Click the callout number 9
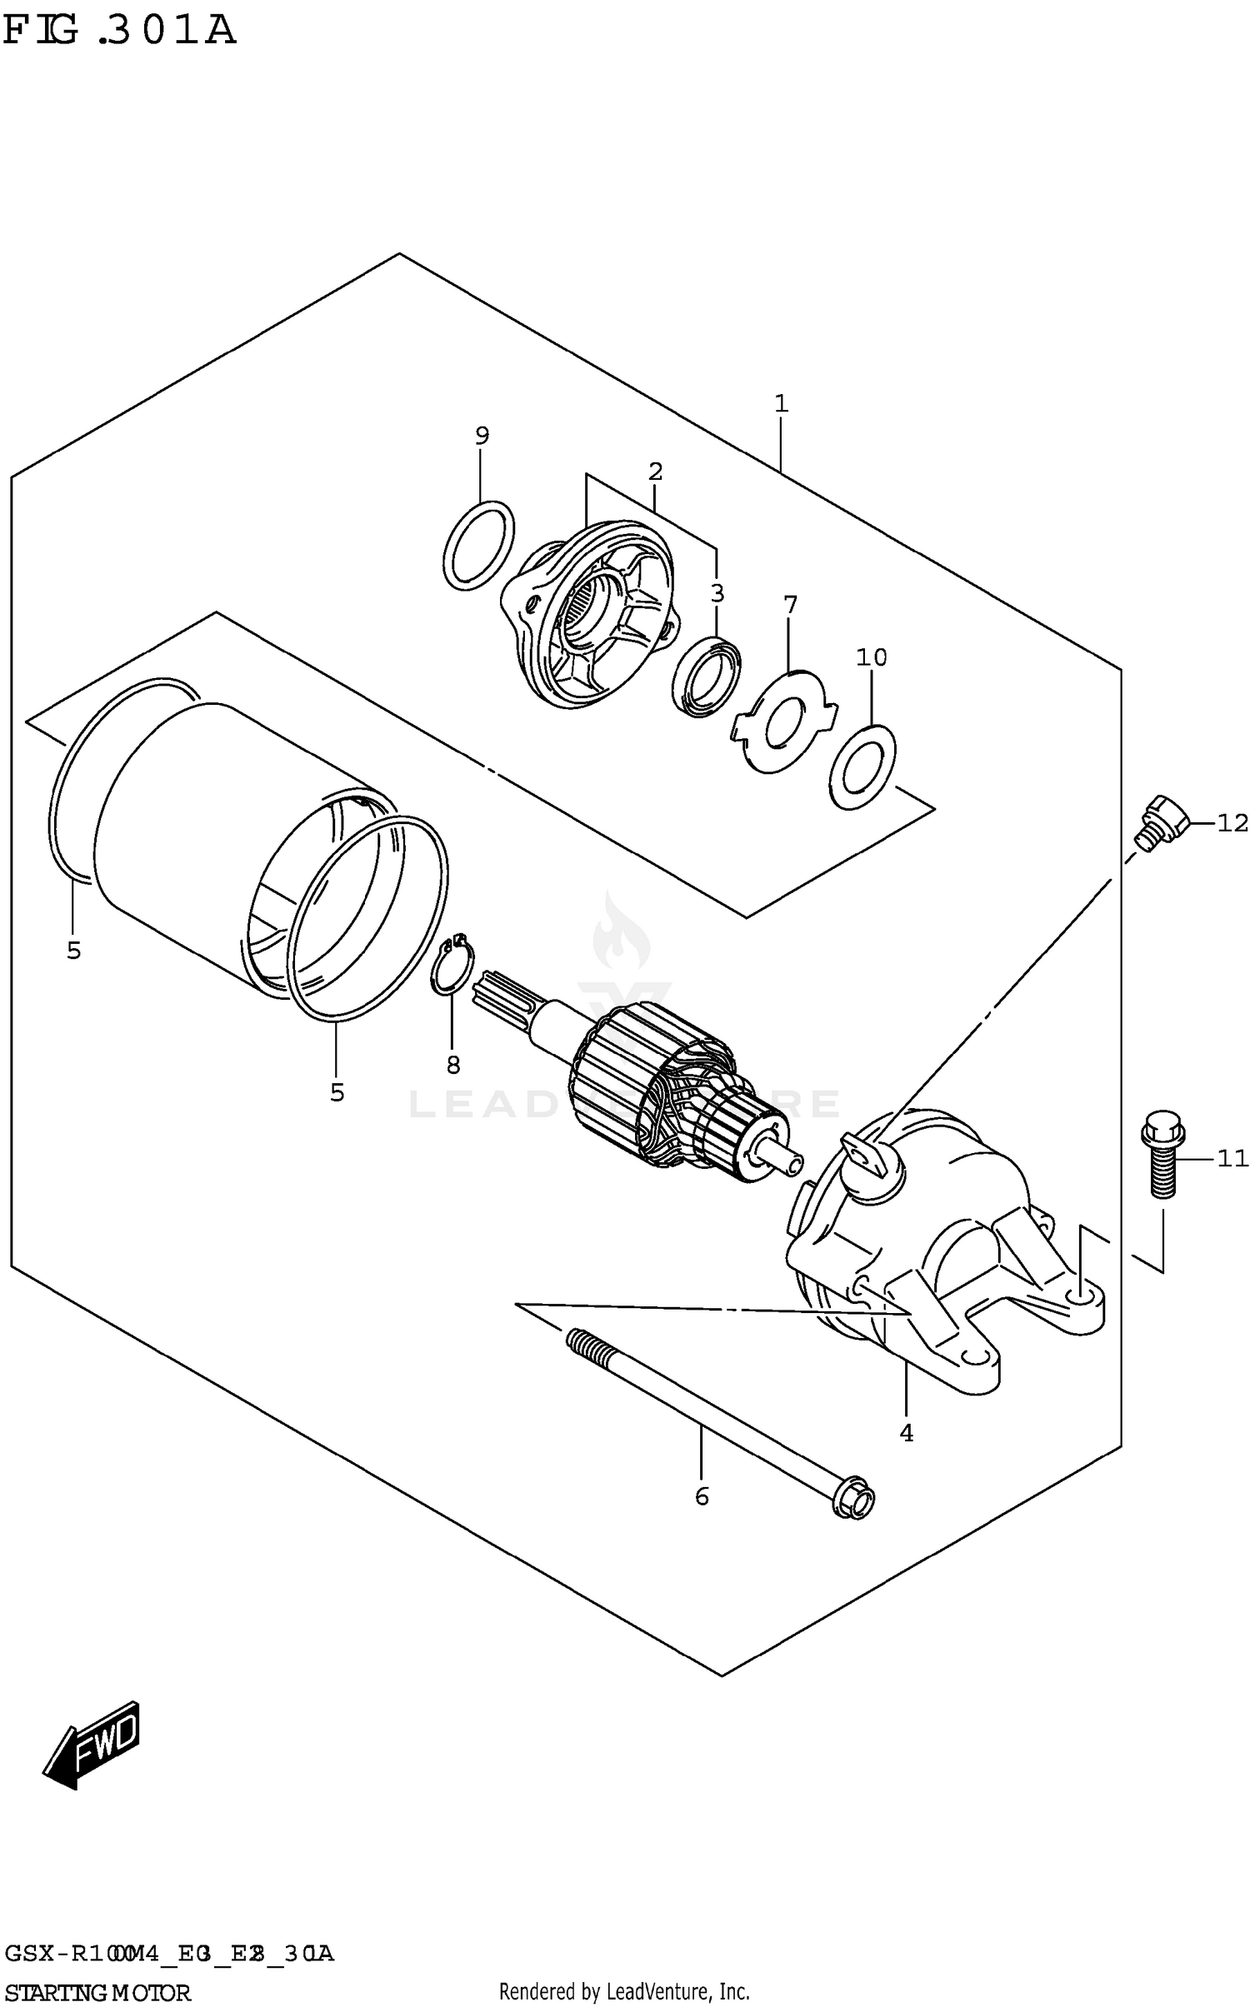[x=482, y=435]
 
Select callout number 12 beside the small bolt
[x=1232, y=823]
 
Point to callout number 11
[x=1232, y=1158]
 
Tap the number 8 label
[x=452, y=1064]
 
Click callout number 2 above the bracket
[x=655, y=472]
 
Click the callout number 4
[x=906, y=1432]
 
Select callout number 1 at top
[x=781, y=404]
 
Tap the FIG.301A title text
[x=119, y=31]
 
